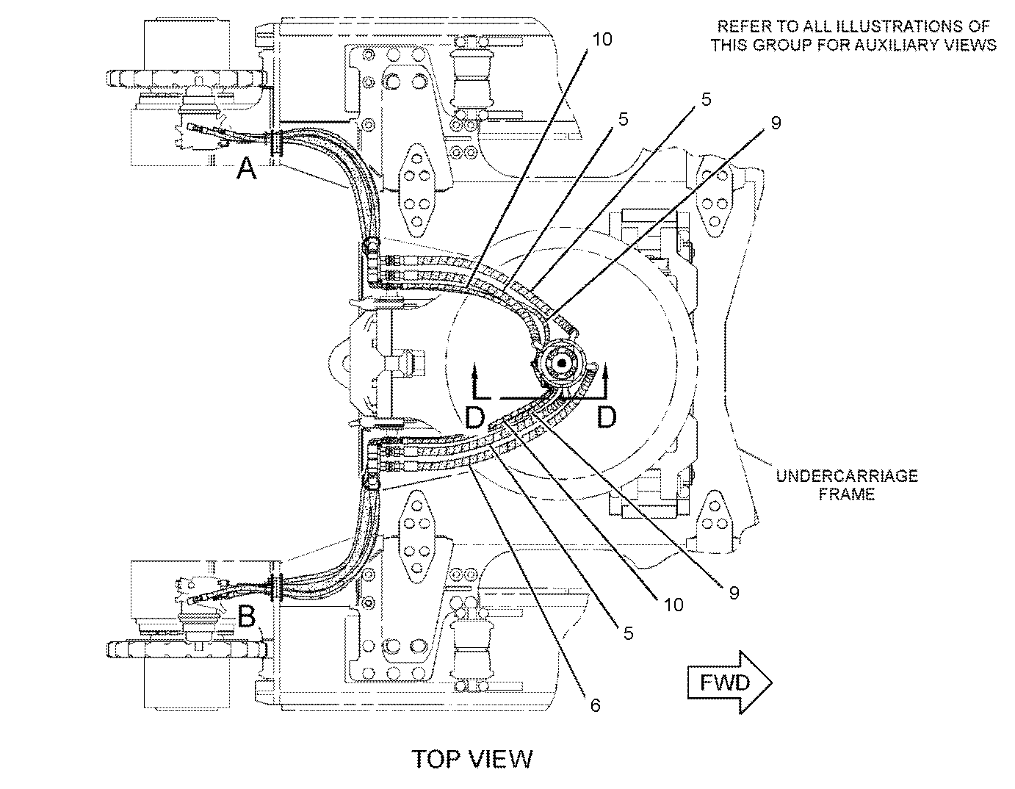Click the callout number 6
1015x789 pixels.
click(x=595, y=705)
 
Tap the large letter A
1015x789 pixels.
click(x=247, y=168)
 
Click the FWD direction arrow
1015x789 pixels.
click(x=729, y=682)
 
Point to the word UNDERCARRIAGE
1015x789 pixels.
click(x=847, y=476)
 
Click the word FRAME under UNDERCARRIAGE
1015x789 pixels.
click(x=846, y=494)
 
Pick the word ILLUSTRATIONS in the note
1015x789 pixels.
click(x=884, y=26)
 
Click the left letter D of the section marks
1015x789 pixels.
click(x=475, y=417)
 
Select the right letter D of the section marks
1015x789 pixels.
click(x=607, y=417)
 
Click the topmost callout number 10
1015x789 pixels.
click(x=602, y=40)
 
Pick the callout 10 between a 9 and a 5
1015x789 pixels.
click(x=673, y=605)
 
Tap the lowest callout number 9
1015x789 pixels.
click(x=734, y=593)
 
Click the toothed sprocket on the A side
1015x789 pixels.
click(x=187, y=79)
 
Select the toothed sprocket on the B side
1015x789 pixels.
click(x=187, y=649)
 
